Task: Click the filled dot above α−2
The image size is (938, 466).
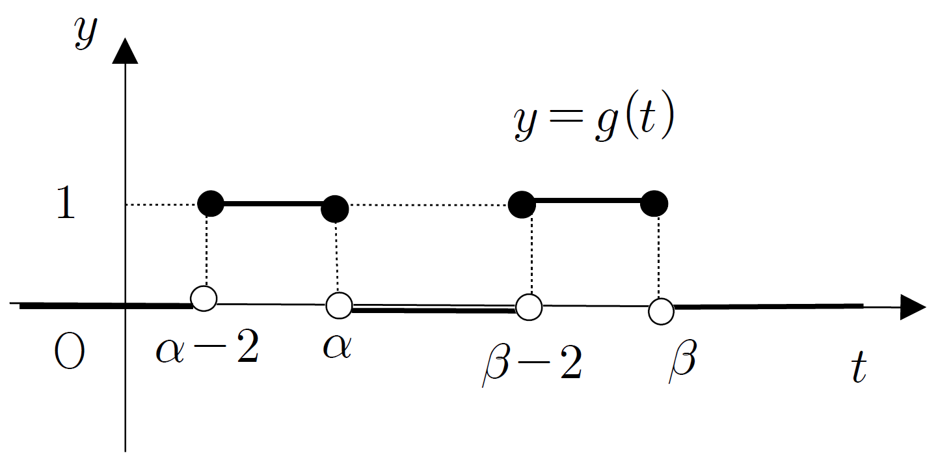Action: click(211, 204)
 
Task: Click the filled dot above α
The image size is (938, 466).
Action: click(334, 209)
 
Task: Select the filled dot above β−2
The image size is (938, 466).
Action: click(522, 204)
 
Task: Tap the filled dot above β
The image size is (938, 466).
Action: click(654, 204)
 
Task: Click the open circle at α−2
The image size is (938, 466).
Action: click(204, 298)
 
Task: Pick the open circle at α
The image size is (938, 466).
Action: click(339, 305)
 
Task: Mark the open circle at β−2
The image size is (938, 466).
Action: click(529, 307)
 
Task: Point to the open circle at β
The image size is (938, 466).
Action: click(661, 311)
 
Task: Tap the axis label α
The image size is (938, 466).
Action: click(337, 347)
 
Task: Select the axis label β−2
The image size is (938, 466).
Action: click(532, 363)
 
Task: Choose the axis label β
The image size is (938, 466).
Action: click(682, 361)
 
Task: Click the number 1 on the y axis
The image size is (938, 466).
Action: click(66, 203)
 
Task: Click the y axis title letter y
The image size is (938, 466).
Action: click(86, 32)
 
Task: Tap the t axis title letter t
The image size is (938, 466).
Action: click(859, 367)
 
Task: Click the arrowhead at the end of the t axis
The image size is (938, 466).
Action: click(913, 307)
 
